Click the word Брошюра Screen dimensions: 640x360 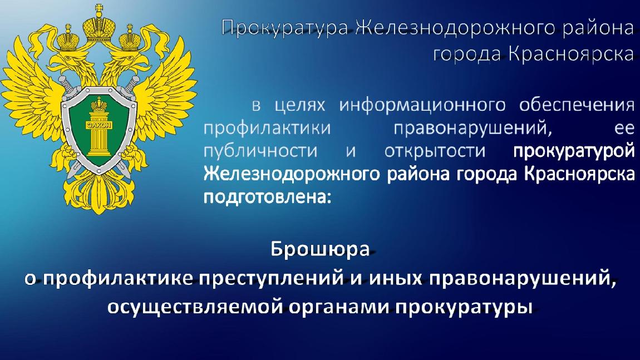tap(321, 249)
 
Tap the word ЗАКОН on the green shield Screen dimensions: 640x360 tap(99, 125)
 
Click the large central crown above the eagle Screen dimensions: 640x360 tap(99, 25)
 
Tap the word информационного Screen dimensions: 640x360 tap(422, 105)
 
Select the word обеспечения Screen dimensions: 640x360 tap(577, 106)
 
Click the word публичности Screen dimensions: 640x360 tap(260, 151)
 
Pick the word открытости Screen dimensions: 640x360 tap(435, 151)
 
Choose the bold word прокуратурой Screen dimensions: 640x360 tap(574, 151)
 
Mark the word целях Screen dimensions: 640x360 tap(300, 106)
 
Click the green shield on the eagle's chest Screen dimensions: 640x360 tap(99, 129)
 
